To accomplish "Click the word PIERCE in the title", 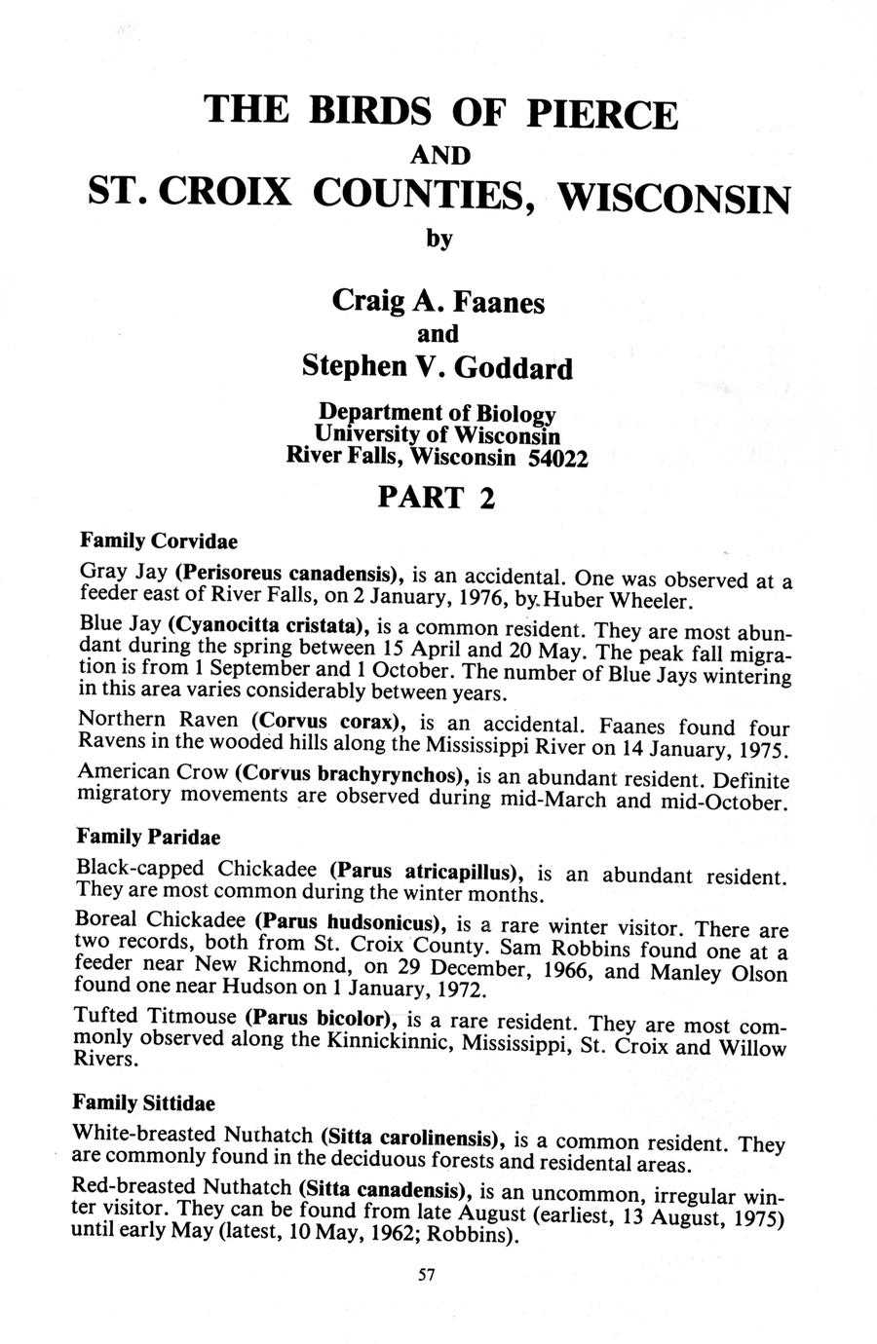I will (601, 114).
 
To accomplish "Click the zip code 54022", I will (557, 458).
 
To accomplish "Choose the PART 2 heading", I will (437, 498).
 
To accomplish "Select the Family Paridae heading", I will (148, 837).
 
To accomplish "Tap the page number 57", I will (425, 1276).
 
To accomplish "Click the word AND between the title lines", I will (439, 156).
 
